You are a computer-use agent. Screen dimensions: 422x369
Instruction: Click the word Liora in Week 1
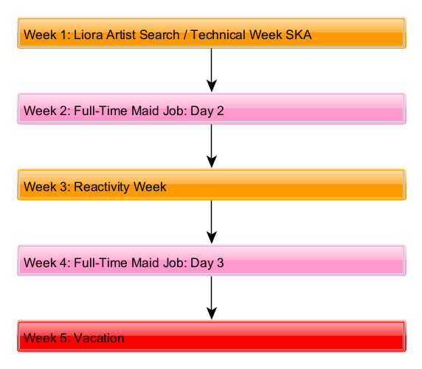pos(89,35)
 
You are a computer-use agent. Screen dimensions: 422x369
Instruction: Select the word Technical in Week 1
pos(218,35)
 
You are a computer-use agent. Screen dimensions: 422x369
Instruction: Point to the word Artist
pos(121,35)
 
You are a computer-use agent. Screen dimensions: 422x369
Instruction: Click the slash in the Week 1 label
pos(185,35)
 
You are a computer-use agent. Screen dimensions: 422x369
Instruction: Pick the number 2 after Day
pos(220,111)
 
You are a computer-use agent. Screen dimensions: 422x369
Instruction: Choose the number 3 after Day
pos(220,263)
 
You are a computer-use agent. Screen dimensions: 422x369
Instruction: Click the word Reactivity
pos(102,187)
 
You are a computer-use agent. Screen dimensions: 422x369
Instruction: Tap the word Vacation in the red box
pos(99,338)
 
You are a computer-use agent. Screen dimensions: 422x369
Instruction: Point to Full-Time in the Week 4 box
pos(101,263)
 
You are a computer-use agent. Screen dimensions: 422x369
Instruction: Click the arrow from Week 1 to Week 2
pos(212,70)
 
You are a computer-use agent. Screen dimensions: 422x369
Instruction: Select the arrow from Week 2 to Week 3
pos(212,146)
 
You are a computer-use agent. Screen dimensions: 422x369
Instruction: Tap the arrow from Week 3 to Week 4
pos(212,222)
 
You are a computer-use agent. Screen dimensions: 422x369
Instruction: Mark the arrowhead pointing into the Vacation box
pos(212,314)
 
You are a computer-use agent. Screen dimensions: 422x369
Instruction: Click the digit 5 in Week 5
pos(63,338)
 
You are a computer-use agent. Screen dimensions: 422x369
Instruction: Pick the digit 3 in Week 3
pos(63,187)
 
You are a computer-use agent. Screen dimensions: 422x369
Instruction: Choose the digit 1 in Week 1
pos(63,35)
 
